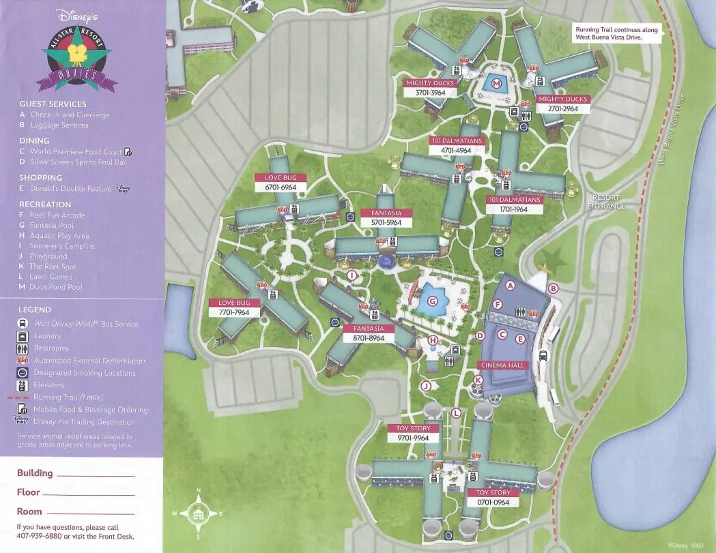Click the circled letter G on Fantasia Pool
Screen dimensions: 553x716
pyautogui.click(x=431, y=301)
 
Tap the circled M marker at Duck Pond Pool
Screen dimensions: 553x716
pyautogui.click(x=497, y=84)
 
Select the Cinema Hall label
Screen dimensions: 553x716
pyautogui.click(x=504, y=365)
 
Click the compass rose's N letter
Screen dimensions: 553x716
pyautogui.click(x=199, y=491)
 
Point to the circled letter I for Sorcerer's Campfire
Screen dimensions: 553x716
pyautogui.click(x=352, y=275)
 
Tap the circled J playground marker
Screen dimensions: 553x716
pyautogui.click(x=426, y=386)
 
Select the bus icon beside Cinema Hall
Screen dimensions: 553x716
pyautogui.click(x=543, y=355)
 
